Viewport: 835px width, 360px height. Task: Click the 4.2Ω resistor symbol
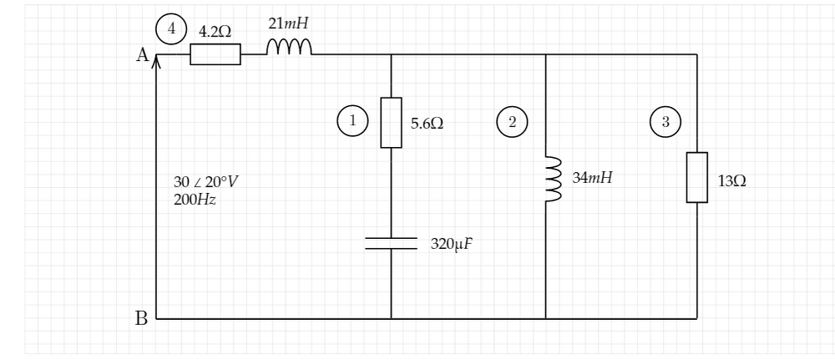[x=215, y=55]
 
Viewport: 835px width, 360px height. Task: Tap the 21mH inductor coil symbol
[x=289, y=49]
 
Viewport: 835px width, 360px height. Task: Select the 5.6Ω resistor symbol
[x=391, y=123]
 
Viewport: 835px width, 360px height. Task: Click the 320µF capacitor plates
[x=391, y=243]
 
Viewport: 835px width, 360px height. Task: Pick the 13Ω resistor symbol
[x=696, y=177]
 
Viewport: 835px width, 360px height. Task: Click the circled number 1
[x=352, y=121]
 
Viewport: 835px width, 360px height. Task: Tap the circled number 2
[x=512, y=121]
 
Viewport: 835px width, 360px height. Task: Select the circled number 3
[x=665, y=121]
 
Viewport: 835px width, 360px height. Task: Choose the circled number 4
[x=172, y=28]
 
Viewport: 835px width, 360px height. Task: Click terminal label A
[x=142, y=55]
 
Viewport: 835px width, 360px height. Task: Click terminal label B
[x=142, y=318]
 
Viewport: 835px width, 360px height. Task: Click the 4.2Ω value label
[x=215, y=30]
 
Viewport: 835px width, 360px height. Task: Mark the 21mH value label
[x=288, y=23]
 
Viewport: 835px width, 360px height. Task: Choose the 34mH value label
[x=592, y=177]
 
